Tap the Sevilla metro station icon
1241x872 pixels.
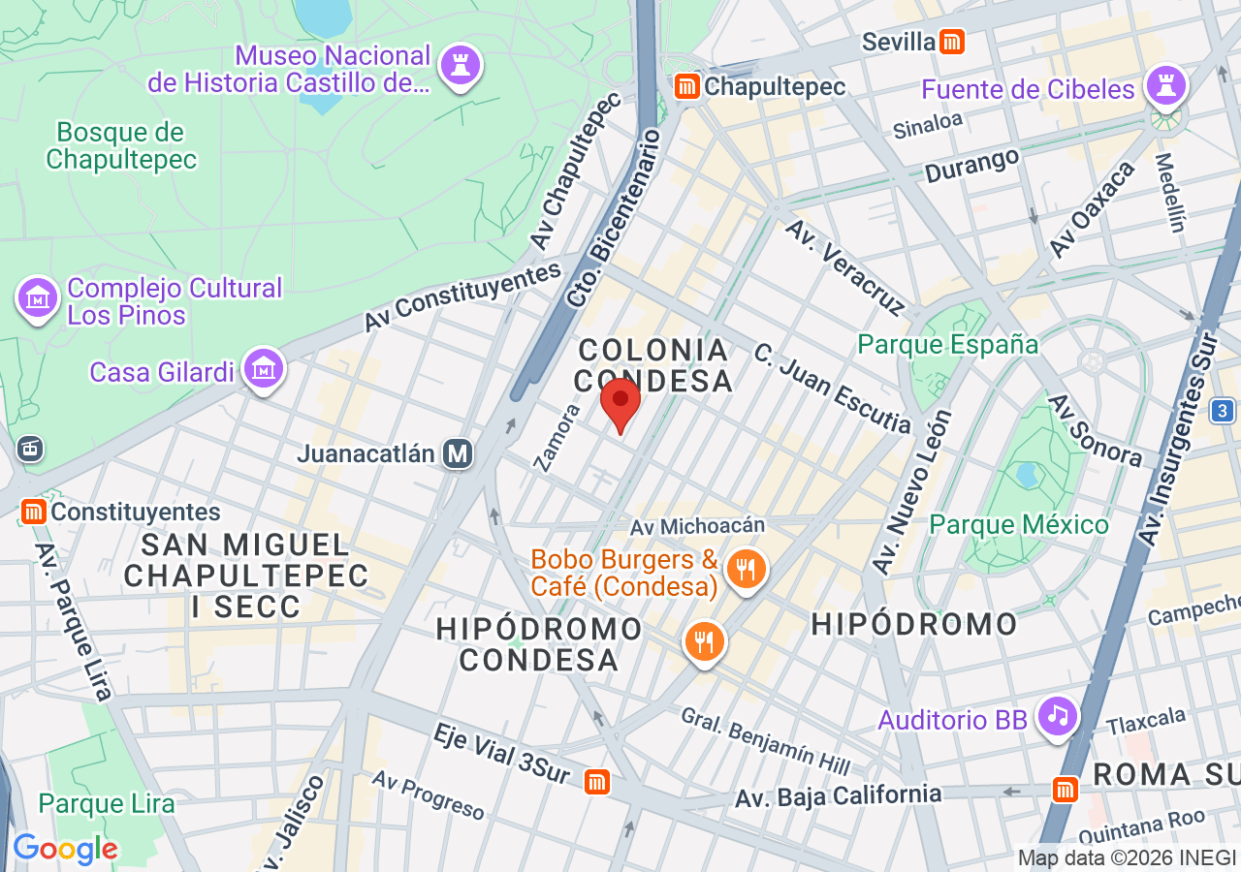coord(953,42)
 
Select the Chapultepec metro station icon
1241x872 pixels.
coord(687,86)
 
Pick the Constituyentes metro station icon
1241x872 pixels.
coord(34,511)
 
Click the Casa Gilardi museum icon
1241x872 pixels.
coord(263,370)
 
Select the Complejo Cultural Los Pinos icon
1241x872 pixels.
coord(38,297)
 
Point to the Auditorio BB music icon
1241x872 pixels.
coord(1058,717)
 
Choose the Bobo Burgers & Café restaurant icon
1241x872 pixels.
coord(746,570)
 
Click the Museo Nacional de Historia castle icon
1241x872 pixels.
coord(460,67)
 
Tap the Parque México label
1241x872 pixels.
coord(1019,524)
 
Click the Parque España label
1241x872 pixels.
coord(948,344)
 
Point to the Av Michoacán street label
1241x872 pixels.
coord(697,525)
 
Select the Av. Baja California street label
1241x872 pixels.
coord(838,795)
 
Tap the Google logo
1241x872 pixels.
coord(65,850)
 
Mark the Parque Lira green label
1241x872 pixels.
coord(107,803)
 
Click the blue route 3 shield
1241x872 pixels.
coord(1223,411)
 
